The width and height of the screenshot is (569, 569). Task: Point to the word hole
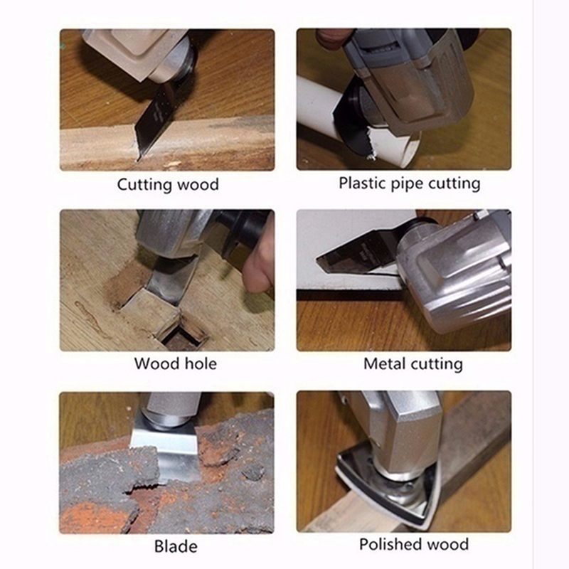click(x=201, y=363)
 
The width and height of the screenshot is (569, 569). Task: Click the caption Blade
click(x=176, y=546)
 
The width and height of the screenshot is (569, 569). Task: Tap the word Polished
click(x=390, y=544)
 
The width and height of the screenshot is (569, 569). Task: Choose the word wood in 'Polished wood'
click(x=447, y=544)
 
